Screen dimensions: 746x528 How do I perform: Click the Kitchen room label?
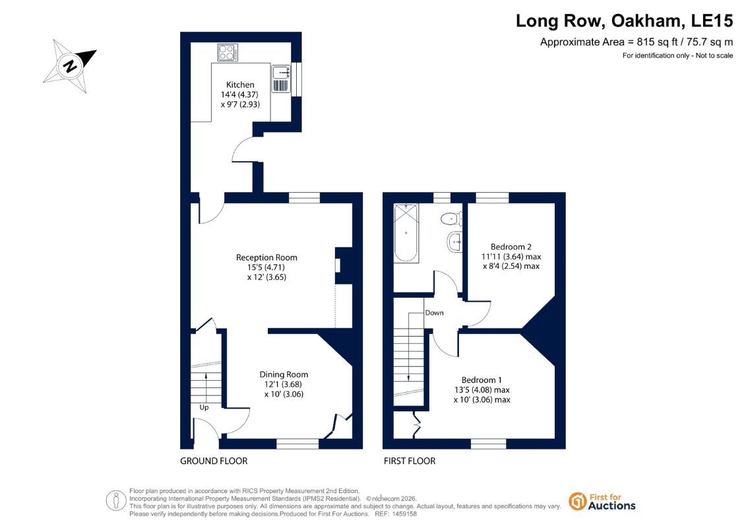point(240,84)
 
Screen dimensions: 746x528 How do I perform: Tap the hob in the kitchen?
point(228,53)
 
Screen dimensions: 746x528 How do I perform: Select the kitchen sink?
point(281,79)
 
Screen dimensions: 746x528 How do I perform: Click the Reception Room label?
point(266,257)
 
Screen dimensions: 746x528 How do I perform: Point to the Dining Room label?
point(284,375)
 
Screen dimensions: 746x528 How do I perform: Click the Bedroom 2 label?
point(511,247)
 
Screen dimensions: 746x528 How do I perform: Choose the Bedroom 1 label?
point(482,380)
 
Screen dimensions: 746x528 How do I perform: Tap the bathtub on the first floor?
point(406,233)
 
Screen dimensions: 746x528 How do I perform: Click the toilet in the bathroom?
point(450,219)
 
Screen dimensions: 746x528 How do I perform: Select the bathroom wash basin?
point(454,242)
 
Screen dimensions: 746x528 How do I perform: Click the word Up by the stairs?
point(204,407)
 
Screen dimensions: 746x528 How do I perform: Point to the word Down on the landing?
point(435,313)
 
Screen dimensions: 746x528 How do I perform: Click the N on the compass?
point(71,65)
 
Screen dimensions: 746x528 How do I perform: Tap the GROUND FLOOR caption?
point(214,461)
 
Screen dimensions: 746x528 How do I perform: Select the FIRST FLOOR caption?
point(410,461)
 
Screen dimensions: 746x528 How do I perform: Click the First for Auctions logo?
point(602,502)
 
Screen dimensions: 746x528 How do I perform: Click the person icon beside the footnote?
point(116,501)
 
